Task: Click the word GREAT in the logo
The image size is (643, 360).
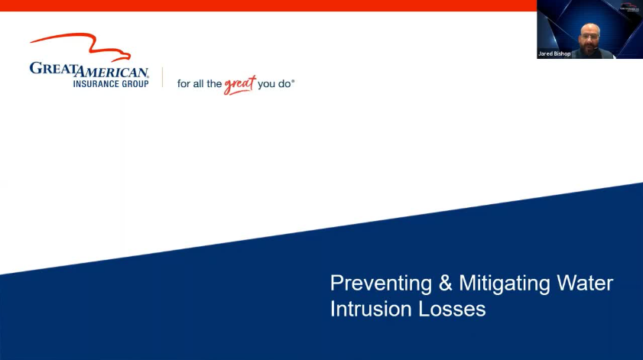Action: coord(54,69)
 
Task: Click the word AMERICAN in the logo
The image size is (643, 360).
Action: coord(112,72)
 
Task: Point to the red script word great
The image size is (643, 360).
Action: coord(240,85)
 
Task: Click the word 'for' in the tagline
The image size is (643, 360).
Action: coord(183,83)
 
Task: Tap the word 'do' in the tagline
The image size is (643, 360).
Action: coord(284,84)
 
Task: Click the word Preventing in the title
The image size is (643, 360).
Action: coord(381,284)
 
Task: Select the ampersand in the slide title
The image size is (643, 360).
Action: coord(445,283)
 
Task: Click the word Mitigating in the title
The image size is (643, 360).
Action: coord(505,284)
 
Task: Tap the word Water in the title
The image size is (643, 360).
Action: coord(585,283)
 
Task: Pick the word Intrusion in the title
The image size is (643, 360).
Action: coord(371,309)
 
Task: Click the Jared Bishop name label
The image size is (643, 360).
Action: coord(554,54)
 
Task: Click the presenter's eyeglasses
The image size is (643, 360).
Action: coord(589,37)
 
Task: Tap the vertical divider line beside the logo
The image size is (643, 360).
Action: coord(162,77)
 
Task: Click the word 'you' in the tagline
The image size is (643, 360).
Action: coord(267,85)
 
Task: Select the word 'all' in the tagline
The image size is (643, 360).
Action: coord(200,83)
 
